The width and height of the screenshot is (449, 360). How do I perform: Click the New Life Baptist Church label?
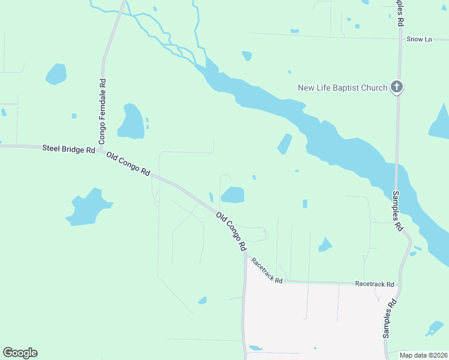click(342, 88)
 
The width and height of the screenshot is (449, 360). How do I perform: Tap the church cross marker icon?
click(396, 88)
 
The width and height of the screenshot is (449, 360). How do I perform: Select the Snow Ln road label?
click(419, 40)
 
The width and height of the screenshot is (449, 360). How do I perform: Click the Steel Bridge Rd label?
click(68, 148)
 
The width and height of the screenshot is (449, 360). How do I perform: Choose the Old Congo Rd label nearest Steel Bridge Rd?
click(128, 164)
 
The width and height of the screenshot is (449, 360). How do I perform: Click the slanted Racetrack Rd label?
click(267, 271)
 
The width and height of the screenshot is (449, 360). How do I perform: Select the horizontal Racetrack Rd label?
click(374, 284)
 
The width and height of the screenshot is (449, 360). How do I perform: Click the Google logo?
click(20, 353)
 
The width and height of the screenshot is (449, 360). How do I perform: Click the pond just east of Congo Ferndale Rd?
click(130, 122)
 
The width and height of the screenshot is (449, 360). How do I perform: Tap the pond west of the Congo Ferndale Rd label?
click(56, 74)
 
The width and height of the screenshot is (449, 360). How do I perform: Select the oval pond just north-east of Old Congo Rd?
click(233, 195)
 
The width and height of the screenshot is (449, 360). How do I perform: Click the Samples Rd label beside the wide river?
click(397, 211)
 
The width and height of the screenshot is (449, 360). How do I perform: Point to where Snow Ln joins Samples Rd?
click(400, 40)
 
